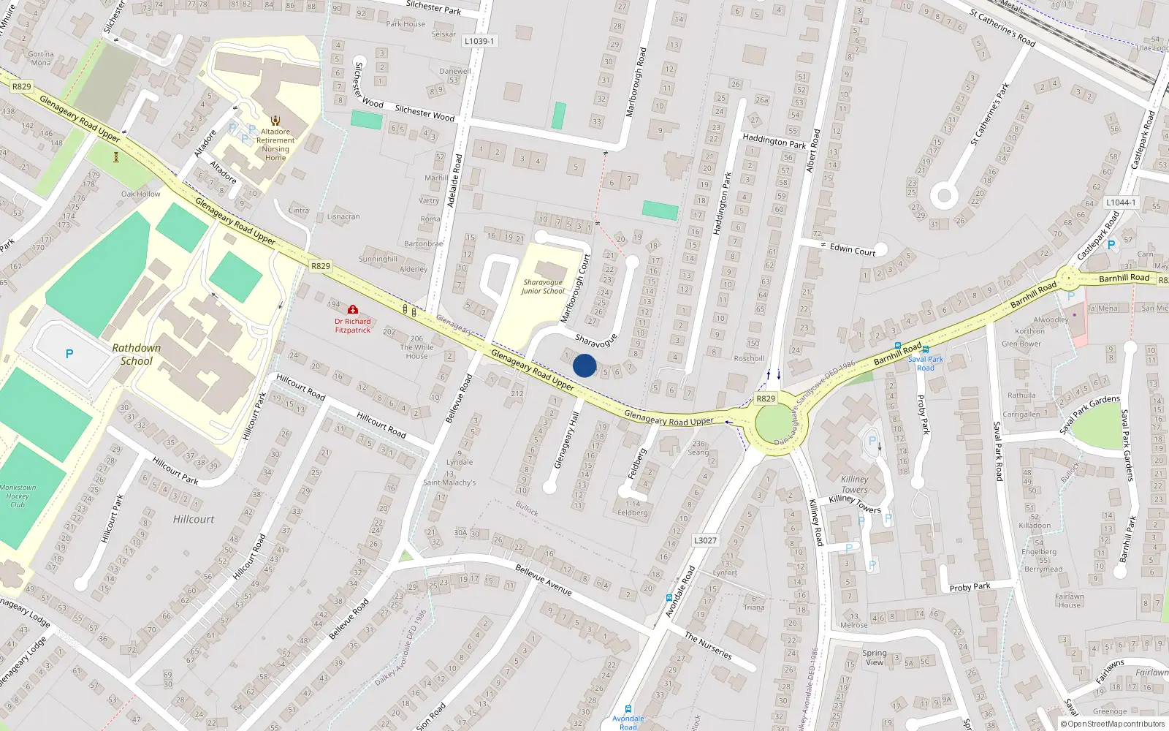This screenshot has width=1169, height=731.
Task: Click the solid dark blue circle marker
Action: (584, 365)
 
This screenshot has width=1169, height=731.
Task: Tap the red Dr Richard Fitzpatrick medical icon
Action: (353, 310)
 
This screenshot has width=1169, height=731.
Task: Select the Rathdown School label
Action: (137, 355)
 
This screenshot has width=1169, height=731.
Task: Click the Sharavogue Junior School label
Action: (543, 287)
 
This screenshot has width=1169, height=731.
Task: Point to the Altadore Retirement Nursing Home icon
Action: (275, 121)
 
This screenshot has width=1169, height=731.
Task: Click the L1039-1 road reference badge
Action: (479, 41)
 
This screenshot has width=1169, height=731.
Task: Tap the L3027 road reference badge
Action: (705, 540)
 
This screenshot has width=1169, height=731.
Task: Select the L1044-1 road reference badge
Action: (1120, 202)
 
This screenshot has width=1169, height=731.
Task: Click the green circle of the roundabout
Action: (777, 424)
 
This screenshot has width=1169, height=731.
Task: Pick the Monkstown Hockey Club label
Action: (18, 496)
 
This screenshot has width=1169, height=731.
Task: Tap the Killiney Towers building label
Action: (854, 485)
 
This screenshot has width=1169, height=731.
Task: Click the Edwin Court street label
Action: (852, 249)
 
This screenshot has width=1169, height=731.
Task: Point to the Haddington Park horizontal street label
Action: (774, 140)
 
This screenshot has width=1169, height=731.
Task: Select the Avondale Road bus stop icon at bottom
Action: (628, 709)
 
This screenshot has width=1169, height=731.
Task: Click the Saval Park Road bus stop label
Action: (926, 363)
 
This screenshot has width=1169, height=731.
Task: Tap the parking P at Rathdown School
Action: (69, 354)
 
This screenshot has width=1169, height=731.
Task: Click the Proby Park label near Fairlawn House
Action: (970, 587)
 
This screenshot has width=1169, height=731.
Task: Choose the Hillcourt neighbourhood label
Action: (194, 519)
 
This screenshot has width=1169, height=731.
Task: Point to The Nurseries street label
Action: (708, 645)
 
